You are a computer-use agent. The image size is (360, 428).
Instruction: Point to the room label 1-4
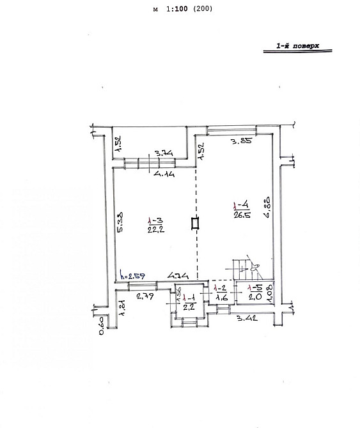(x=240, y=206)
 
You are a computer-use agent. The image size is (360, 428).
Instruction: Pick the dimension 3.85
(x=240, y=142)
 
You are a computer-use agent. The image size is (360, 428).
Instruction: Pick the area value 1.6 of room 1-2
(x=221, y=297)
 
